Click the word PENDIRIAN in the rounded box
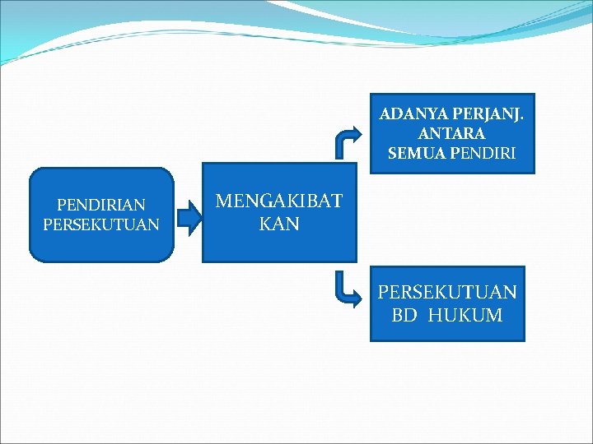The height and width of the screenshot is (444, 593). click(101, 205)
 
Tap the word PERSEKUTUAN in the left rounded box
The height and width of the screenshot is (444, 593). click(101, 224)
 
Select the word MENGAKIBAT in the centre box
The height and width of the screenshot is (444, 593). click(278, 202)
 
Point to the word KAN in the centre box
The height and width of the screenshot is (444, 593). click(278, 224)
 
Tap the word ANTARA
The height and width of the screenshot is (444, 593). click(451, 132)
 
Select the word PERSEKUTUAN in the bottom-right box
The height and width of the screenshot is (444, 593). click(447, 292)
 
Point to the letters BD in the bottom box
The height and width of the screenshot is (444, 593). click(404, 315)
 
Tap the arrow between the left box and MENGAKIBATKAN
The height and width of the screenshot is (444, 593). click(189, 217)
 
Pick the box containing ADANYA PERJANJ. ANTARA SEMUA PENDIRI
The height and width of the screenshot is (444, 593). click(451, 133)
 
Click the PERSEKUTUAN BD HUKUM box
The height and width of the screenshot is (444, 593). click(447, 303)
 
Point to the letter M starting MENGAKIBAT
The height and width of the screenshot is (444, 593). click(223, 202)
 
